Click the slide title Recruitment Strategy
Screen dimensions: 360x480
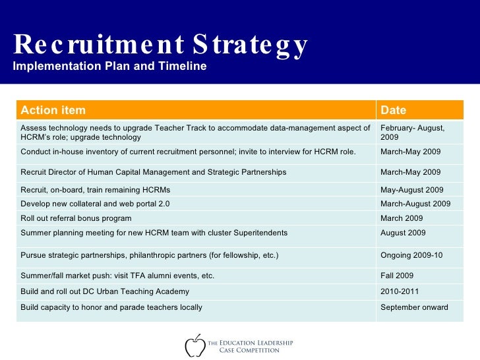coord(160,45)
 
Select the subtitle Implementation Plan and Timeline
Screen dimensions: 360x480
coord(109,67)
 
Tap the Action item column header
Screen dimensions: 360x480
coord(53,110)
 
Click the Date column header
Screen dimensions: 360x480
coord(393,110)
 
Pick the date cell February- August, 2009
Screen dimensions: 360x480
coord(412,132)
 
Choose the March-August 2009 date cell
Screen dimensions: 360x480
coord(415,204)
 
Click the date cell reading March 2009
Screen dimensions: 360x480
coord(402,218)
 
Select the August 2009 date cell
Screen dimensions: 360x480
coord(403,233)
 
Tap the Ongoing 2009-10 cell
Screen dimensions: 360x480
coord(411,255)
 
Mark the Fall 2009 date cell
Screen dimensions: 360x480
coord(398,276)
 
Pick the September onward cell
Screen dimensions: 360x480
coord(414,307)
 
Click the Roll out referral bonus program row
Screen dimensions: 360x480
coord(76,218)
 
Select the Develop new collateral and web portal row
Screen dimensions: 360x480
coord(95,204)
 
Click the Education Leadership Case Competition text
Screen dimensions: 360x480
coord(250,346)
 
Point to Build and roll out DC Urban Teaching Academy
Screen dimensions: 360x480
coord(105,291)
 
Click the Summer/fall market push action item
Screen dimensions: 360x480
coord(117,276)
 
